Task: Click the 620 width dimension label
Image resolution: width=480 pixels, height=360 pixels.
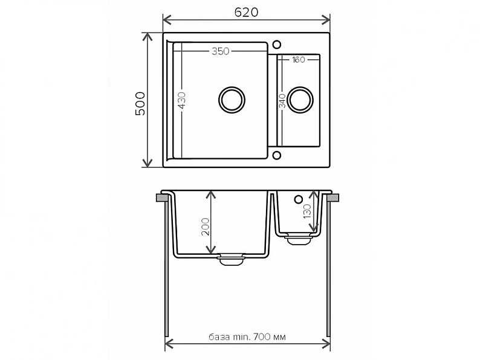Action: pos(247,12)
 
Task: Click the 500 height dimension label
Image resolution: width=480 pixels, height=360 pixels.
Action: pos(140,103)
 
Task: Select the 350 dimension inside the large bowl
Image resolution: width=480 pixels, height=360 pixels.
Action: pos(221,51)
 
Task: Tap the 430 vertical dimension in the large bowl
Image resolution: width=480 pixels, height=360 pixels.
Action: pos(181,100)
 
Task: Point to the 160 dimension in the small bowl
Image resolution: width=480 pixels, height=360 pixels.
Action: pos(298,60)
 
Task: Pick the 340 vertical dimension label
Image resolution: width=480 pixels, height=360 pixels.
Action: pos(282,101)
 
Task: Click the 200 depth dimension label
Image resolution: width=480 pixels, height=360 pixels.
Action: pos(206,227)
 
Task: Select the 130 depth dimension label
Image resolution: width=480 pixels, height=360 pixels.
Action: pos(307,211)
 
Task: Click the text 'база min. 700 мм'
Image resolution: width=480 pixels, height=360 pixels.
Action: pos(247,337)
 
